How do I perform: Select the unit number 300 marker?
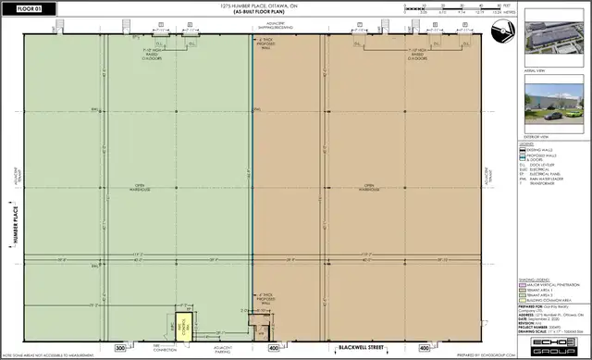(x=119, y=348)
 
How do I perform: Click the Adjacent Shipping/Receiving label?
(x=279, y=27)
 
